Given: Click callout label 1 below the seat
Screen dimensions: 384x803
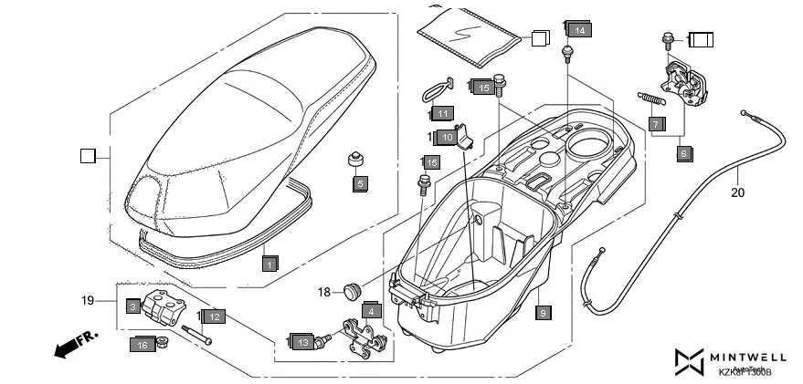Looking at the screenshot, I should coord(269,264).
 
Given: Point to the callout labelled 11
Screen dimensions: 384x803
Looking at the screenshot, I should coord(443,114).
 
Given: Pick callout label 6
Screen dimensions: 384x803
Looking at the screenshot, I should coord(682,154).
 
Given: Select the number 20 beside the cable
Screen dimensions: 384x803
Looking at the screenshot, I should coord(737,192).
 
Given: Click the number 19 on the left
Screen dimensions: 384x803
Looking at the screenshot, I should coord(88,300).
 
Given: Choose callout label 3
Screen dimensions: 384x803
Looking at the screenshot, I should coord(132,306).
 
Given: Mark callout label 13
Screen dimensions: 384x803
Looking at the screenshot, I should coord(302,341).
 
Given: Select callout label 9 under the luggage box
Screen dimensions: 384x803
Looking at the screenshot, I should coord(543,313).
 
